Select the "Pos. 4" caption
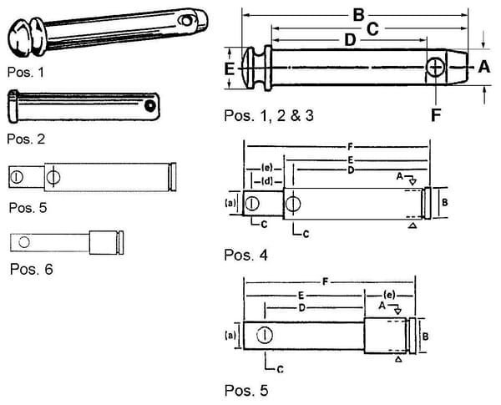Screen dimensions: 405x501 246,252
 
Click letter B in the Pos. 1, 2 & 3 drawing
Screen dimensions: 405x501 358,13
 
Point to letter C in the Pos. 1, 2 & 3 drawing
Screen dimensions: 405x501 373,28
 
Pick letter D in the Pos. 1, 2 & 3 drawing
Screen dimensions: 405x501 350,40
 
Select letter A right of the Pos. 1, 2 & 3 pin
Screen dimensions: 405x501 482,69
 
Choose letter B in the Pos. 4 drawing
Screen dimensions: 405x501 445,202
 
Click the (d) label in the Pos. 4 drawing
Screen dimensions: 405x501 267,180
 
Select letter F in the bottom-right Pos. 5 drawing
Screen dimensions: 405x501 326,284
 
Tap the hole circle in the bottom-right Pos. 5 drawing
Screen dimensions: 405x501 264,336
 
